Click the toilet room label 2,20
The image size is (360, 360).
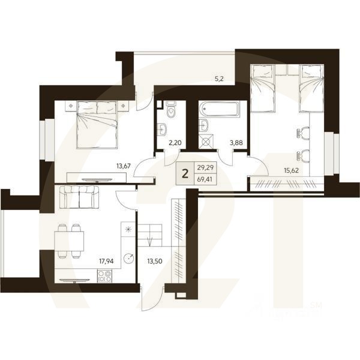(x=173, y=143)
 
